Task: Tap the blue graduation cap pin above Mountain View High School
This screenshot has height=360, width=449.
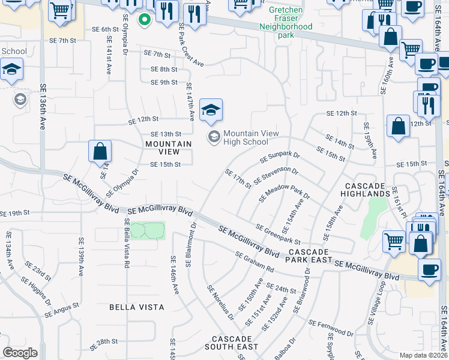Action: click(x=211, y=110)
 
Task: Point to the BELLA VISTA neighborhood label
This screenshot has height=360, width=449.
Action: click(x=137, y=307)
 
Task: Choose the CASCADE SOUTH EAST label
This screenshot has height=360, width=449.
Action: click(x=231, y=343)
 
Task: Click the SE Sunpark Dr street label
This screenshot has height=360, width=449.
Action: click(x=280, y=158)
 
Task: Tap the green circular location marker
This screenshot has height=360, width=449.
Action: click(x=144, y=20)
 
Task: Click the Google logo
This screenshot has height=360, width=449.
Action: click(x=20, y=352)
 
